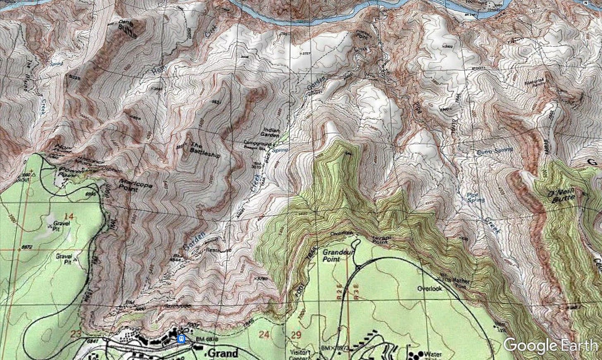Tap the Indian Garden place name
tap(271, 133)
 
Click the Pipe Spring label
tap(475, 197)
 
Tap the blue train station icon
tap(181, 339)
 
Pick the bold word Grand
tap(223, 353)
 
